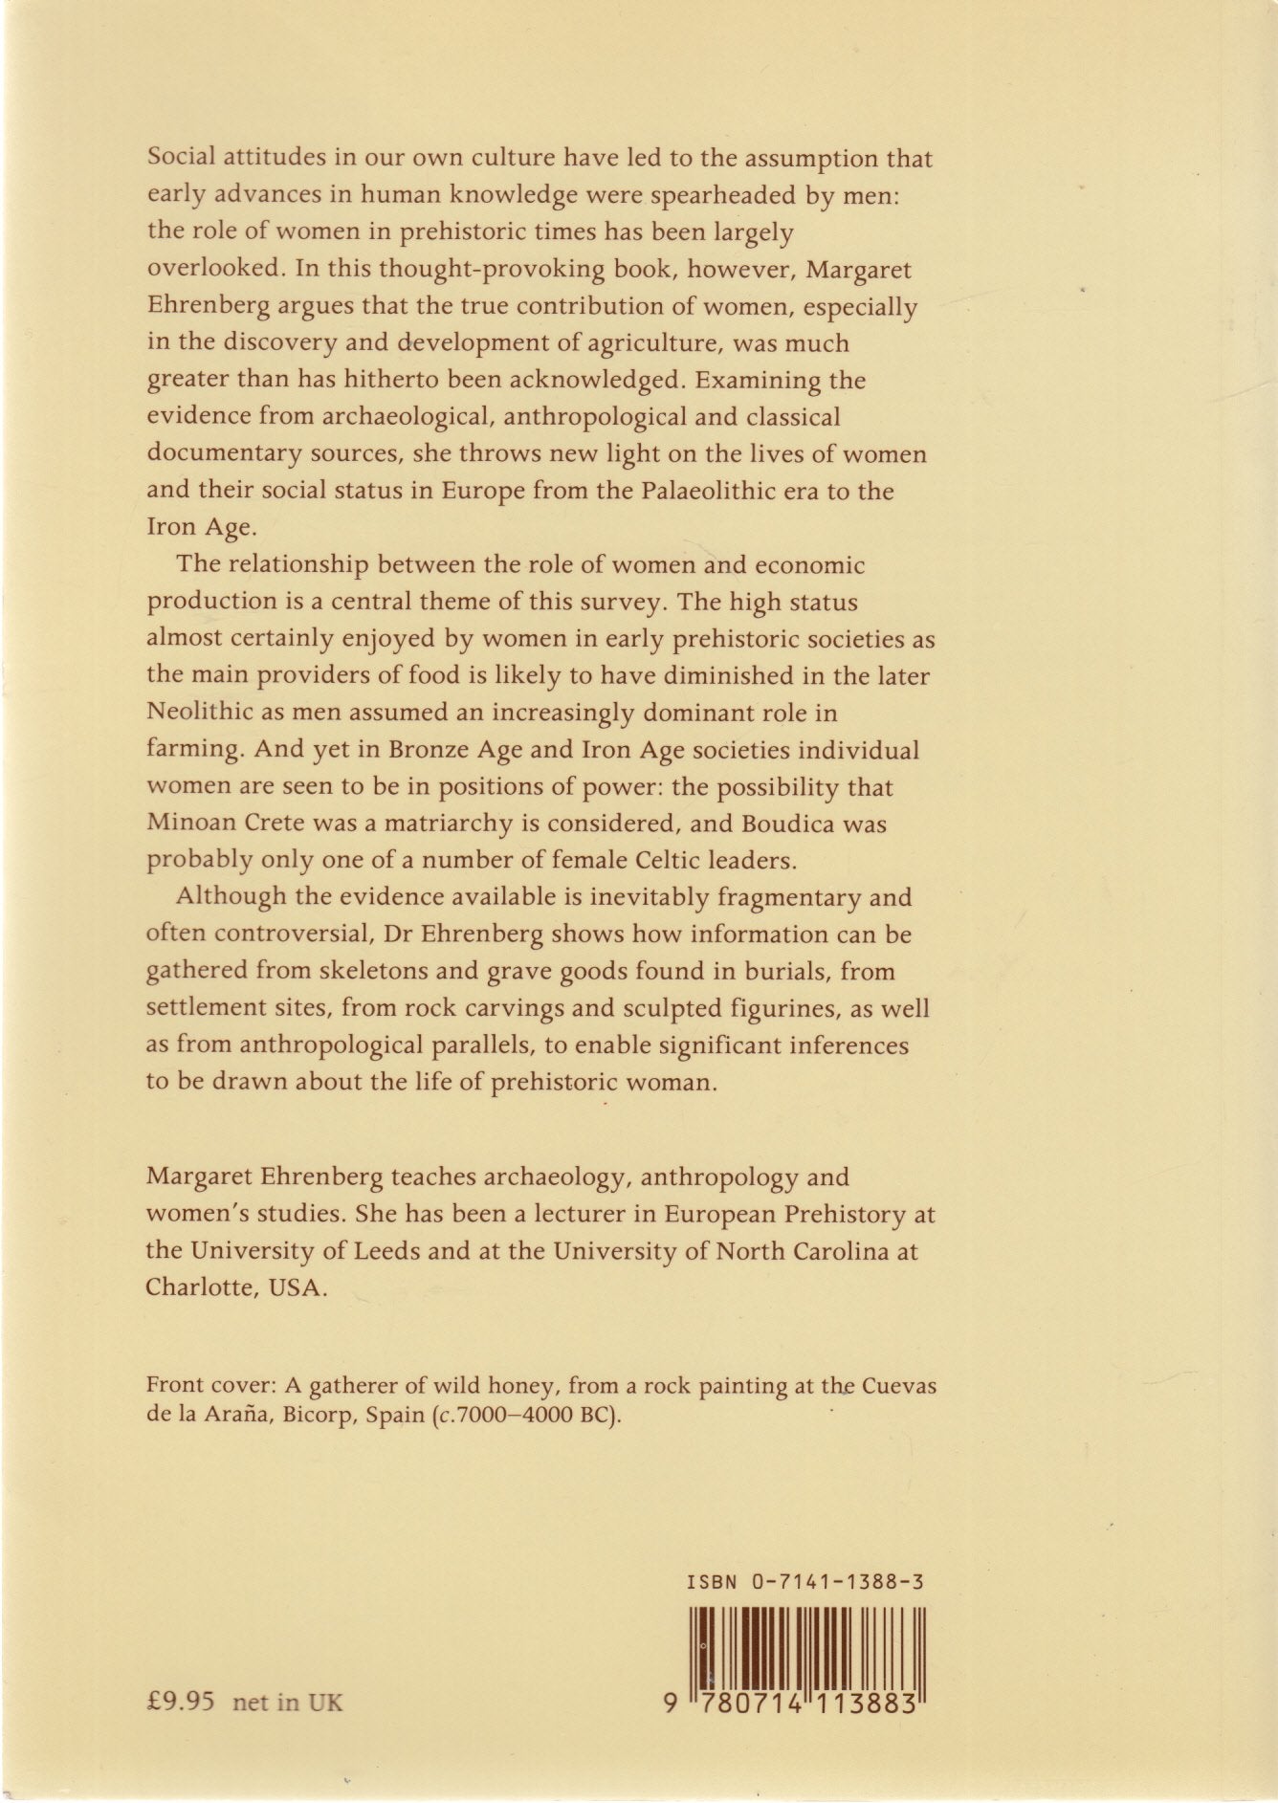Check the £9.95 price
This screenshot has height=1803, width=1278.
click(183, 1703)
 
